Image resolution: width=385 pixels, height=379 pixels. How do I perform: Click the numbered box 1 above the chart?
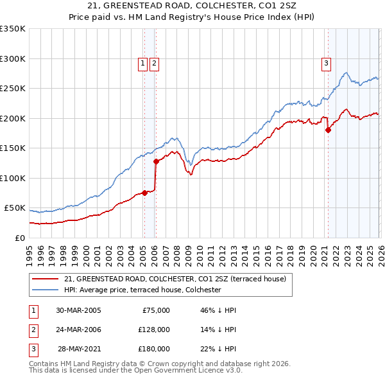pyautogui.click(x=142, y=63)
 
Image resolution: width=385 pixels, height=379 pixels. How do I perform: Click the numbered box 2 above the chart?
pyautogui.click(x=155, y=63)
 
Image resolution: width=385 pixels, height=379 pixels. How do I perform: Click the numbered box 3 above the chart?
pyautogui.click(x=326, y=63)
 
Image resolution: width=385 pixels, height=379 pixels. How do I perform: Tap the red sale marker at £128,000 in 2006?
pyautogui.click(x=156, y=161)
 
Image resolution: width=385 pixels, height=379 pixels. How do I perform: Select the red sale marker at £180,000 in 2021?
pyautogui.click(x=328, y=130)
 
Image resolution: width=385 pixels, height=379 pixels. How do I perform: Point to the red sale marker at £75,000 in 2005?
pyautogui.click(x=144, y=193)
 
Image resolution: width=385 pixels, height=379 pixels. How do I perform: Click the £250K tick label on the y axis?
pyautogui.click(x=12, y=89)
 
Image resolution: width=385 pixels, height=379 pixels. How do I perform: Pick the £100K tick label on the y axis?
pyautogui.click(x=12, y=178)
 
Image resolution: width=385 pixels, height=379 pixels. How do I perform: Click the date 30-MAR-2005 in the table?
pyautogui.click(x=78, y=310)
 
